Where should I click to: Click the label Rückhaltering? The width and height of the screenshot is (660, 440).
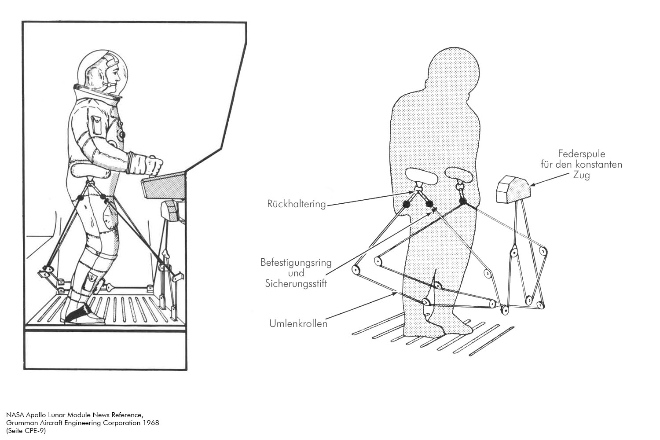pyautogui.click(x=297, y=204)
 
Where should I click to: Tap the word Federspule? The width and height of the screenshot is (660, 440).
pyautogui.click(x=582, y=154)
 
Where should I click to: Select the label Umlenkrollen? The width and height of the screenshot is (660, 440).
pyautogui.click(x=298, y=323)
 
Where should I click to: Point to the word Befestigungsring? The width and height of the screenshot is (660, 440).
pyautogui.click(x=296, y=263)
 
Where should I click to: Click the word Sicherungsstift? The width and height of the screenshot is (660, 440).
pyautogui.click(x=296, y=283)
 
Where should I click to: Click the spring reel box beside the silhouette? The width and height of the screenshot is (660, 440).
pyautogui.click(x=513, y=189)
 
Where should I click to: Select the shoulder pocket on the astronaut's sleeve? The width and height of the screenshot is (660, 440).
pyautogui.click(x=96, y=125)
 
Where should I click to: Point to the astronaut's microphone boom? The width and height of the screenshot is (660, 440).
pyautogui.click(x=109, y=85)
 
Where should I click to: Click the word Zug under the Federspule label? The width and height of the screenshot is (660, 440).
pyautogui.click(x=581, y=175)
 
